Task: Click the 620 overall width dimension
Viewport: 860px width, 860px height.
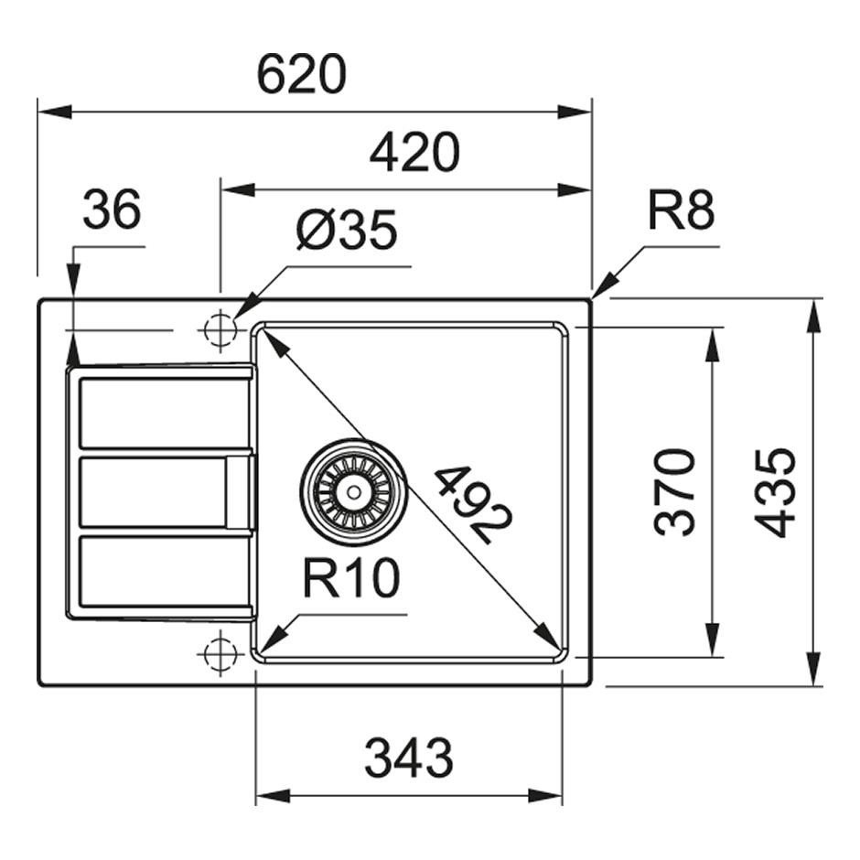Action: coord(301,75)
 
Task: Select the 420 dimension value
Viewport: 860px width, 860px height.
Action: coord(414,153)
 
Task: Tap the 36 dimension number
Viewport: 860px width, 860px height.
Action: coord(112,210)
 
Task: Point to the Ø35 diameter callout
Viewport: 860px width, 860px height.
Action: coord(346,231)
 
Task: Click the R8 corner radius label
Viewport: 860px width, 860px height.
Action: coord(681,212)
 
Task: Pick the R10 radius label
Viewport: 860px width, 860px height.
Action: coord(351,578)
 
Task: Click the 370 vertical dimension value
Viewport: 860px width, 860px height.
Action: coord(677,491)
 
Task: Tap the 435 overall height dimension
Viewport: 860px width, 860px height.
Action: coord(776,491)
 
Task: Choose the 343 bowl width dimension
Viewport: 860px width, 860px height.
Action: coord(408,758)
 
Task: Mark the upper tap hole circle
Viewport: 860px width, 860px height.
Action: coord(220,330)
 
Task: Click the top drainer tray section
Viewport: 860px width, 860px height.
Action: coord(165,414)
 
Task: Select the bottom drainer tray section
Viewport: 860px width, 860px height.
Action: coord(165,572)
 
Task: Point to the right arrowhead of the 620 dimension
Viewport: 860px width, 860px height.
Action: coord(576,112)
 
